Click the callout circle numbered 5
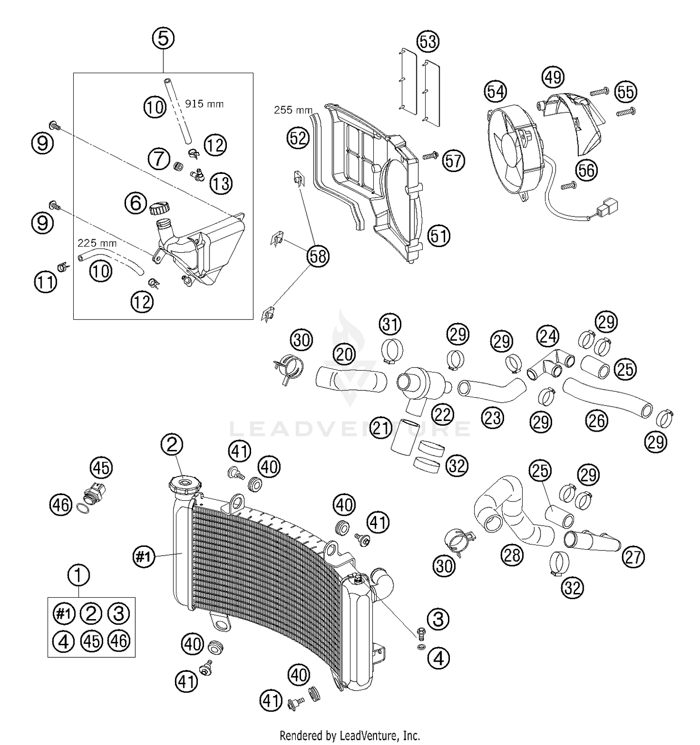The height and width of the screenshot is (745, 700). click(163, 39)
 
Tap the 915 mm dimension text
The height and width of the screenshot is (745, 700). click(204, 104)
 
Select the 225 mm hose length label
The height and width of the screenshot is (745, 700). click(97, 243)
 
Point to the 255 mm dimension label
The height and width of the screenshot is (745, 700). click(293, 110)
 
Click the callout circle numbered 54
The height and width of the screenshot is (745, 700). click(496, 92)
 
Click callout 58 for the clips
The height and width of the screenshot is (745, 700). click(318, 256)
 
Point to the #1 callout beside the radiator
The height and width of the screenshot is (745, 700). click(144, 556)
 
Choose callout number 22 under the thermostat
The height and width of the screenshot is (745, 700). click(442, 414)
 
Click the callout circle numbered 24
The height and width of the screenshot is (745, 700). click(547, 335)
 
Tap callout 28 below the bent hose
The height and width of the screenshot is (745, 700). click(512, 555)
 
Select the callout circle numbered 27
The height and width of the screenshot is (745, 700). click(633, 557)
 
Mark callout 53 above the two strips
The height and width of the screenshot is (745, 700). click(428, 41)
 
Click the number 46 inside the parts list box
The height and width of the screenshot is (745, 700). click(119, 641)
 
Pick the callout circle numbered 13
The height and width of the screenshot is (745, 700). click(221, 184)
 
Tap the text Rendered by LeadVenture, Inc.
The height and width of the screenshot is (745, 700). click(350, 736)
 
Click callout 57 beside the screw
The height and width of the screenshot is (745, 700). click(453, 161)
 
